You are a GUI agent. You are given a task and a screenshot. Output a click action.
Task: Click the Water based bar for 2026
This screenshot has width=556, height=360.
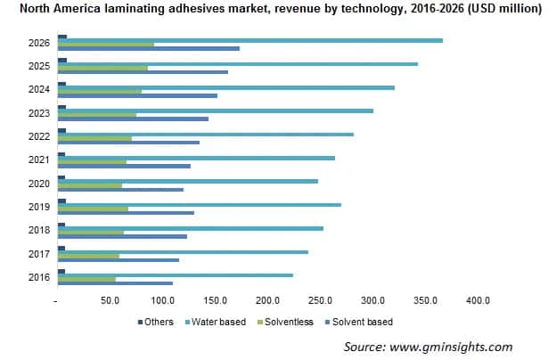coord(249,40)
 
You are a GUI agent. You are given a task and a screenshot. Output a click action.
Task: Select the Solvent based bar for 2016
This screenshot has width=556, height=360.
coord(115,283)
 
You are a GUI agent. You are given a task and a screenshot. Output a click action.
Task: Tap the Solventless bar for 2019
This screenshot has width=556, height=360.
coord(93,209)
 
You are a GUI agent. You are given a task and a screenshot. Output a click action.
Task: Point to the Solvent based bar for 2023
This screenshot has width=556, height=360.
coord(133,119)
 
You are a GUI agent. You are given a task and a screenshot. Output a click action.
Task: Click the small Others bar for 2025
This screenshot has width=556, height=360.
coord(61,61)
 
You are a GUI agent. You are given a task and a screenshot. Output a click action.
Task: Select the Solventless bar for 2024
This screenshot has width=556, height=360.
coord(99,92)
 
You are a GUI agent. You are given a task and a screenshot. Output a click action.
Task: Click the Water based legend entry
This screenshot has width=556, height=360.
coord(214,322)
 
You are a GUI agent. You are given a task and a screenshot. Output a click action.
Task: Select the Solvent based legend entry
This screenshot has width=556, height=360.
coord(361,322)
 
